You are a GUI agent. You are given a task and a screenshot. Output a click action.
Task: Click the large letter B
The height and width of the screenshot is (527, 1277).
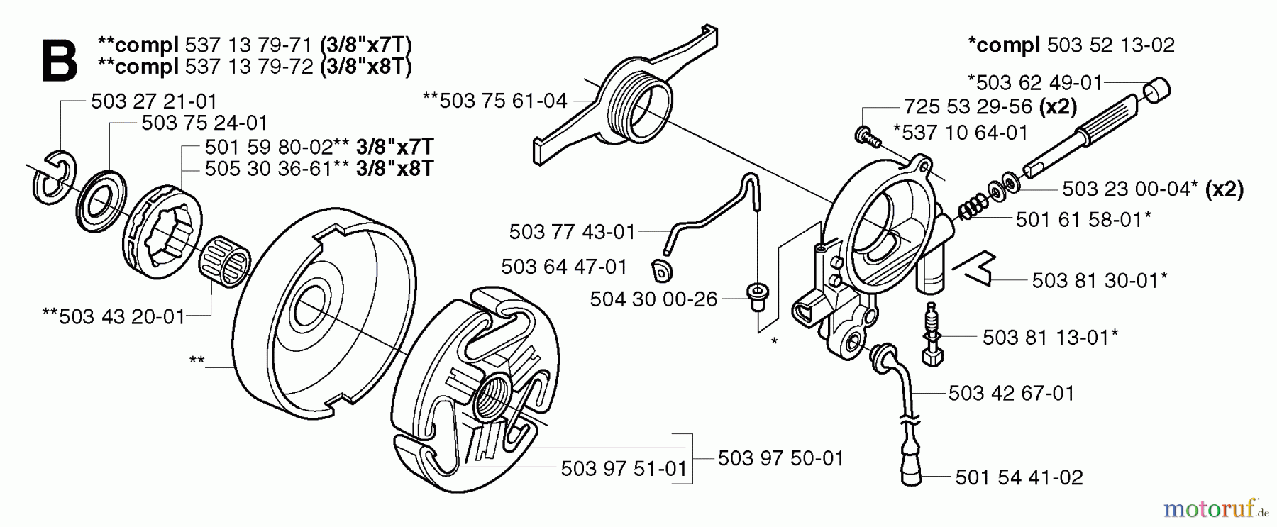(59, 61)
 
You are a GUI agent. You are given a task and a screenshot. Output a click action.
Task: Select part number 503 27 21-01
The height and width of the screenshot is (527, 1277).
(153, 101)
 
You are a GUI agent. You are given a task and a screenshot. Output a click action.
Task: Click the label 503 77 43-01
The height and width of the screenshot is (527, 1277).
(572, 232)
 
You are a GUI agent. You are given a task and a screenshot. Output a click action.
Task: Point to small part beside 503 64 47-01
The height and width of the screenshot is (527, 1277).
(662, 270)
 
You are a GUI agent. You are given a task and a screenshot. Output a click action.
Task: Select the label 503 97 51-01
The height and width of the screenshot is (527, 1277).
(624, 469)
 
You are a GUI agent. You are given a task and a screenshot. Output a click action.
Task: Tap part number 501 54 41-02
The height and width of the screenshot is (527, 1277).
(1019, 477)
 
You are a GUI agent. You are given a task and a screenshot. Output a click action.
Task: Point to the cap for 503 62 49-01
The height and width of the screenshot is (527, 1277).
(1156, 91)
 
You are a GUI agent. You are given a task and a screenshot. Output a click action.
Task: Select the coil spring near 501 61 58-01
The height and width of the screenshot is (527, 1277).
(972, 208)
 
